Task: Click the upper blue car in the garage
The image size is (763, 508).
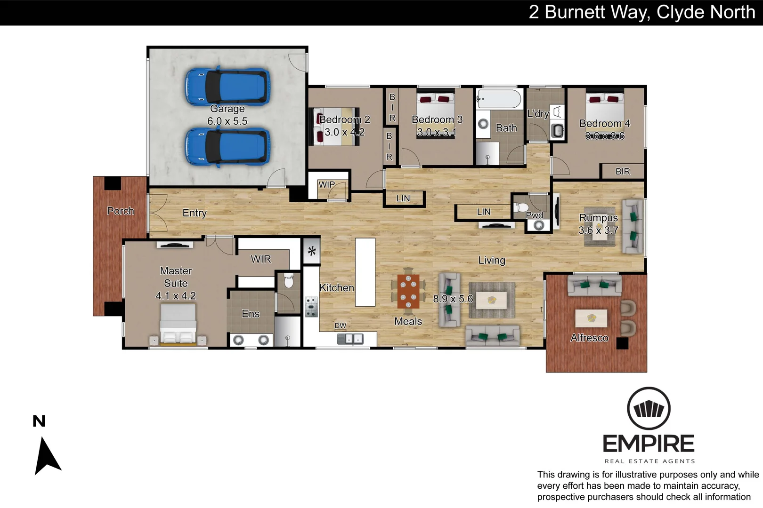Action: [x=227, y=86]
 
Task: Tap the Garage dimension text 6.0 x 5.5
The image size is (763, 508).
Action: [x=227, y=121]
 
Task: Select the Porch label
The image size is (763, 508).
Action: [x=121, y=211]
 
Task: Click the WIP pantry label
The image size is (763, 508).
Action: [x=326, y=184]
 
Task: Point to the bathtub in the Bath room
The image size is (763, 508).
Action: [x=499, y=99]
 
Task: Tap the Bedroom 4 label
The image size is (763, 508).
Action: [x=604, y=124]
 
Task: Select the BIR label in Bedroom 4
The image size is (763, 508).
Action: [x=622, y=172]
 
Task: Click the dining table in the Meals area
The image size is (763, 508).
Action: [x=408, y=291]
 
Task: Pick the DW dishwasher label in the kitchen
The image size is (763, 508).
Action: [x=340, y=325]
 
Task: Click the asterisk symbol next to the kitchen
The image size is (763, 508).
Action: [x=312, y=251]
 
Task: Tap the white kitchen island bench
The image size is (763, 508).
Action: [x=365, y=272]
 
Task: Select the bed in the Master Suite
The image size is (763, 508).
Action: [x=178, y=324]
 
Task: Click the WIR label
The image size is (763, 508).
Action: [x=260, y=259]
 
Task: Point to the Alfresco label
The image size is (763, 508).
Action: [x=589, y=338]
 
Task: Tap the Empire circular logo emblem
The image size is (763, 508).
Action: [x=649, y=408]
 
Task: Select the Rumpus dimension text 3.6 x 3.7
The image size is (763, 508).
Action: [x=598, y=230]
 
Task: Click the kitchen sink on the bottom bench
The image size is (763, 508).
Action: [x=350, y=339]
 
